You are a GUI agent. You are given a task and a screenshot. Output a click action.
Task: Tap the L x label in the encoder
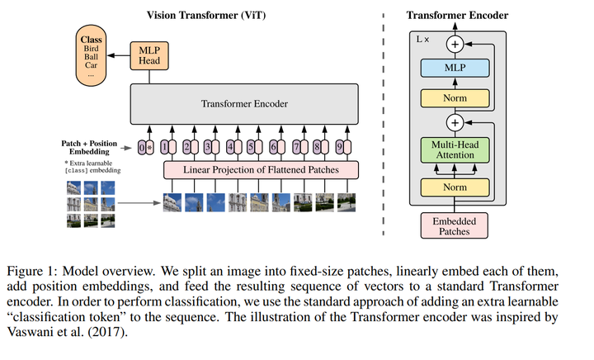[424, 40]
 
